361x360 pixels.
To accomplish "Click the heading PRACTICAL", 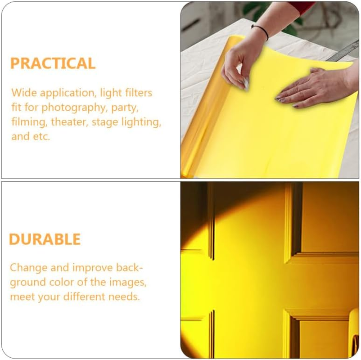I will (53, 63).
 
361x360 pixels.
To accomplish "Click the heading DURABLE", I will (45, 239).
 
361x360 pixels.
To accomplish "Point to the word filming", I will (28, 122).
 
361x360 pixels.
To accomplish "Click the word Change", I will (28, 268).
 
